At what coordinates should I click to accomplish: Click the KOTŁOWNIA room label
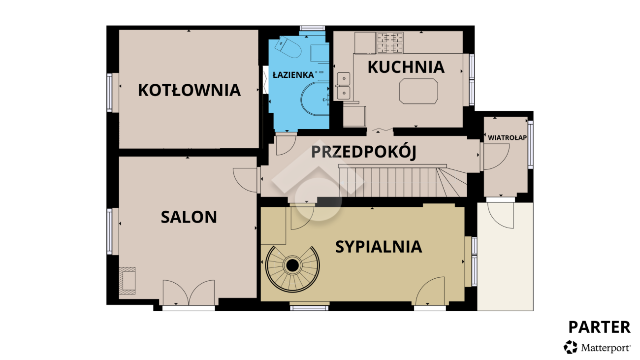(189, 90)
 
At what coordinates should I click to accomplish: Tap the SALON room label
(189, 217)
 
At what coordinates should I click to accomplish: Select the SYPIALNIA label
(379, 247)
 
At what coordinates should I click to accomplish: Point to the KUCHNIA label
(406, 67)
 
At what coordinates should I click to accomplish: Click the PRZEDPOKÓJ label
(363, 151)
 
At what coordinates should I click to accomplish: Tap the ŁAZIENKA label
(293, 75)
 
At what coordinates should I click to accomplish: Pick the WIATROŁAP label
(507, 137)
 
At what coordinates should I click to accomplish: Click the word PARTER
(599, 327)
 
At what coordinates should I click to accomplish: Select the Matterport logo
(597, 347)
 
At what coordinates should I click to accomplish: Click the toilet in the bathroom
(288, 47)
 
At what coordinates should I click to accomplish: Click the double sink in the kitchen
(344, 86)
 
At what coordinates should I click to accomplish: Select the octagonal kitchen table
(418, 91)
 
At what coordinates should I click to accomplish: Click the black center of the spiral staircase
(292, 266)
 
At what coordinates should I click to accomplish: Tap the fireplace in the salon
(127, 281)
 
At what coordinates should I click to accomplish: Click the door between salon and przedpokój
(245, 180)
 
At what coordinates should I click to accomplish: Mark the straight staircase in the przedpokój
(403, 182)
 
